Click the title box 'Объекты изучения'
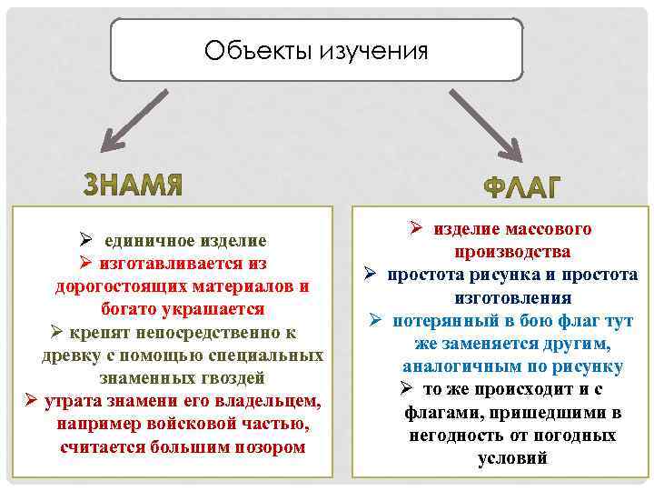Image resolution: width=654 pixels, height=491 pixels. [x=316, y=49]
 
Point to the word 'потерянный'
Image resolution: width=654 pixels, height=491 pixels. [x=444, y=321]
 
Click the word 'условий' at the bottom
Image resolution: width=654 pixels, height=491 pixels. [x=513, y=458]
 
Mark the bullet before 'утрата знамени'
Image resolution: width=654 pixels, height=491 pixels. [x=29, y=400]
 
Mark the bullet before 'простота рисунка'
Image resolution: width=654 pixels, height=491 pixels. [x=372, y=274]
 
